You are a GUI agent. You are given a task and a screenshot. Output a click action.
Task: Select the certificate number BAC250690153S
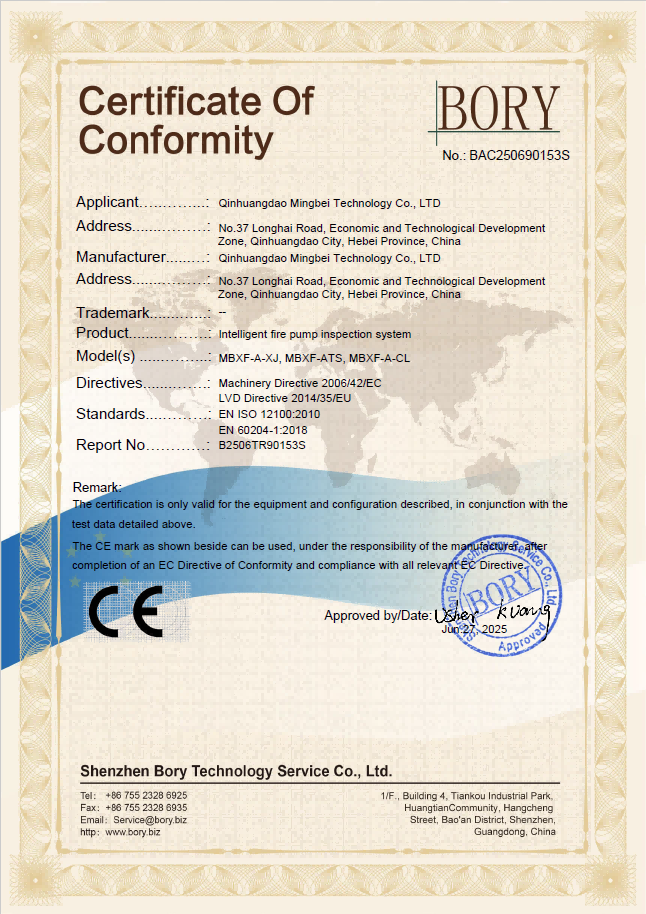coord(519,156)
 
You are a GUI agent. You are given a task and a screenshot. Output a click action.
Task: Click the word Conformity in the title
coord(176,139)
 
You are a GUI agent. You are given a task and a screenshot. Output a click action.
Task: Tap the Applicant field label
coord(107,202)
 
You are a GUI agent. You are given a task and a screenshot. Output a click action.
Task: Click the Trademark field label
coord(113,314)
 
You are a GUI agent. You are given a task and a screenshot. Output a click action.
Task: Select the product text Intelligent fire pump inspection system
coord(314,334)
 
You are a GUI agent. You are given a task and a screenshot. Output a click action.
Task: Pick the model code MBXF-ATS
coord(314,357)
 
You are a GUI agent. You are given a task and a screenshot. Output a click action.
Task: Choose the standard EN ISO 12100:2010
coord(270,414)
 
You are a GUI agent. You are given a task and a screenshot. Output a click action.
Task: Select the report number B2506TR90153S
coord(262,446)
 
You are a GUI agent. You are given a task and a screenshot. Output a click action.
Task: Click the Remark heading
coord(97,487)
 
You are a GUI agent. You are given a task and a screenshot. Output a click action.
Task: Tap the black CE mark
coord(126,611)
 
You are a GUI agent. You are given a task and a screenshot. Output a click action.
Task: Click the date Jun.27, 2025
coord(475,630)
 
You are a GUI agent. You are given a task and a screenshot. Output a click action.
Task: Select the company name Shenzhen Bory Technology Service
coord(235,772)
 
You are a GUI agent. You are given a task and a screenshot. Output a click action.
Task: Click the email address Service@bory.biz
coord(150,819)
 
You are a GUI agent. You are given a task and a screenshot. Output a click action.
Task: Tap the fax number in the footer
coord(146,807)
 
